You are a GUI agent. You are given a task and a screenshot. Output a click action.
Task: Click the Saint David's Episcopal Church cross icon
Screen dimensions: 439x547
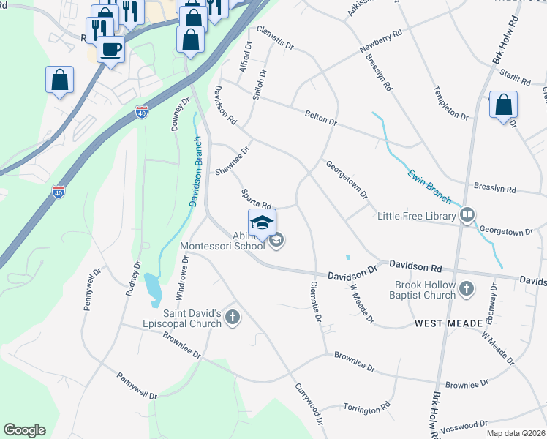pos(233,317)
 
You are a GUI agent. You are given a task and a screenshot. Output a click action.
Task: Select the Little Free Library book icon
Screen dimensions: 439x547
pos(467,215)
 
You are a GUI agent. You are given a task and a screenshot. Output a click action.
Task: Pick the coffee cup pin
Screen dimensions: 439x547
pos(110,50)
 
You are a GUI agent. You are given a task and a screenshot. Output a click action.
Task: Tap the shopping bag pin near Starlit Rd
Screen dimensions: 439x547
pos(503,105)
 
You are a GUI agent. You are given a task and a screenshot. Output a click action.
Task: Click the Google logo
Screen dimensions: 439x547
pos(24,430)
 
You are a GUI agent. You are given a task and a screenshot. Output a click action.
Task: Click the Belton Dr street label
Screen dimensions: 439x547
pos(320,117)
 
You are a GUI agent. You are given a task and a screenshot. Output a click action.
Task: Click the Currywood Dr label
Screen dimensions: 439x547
pos(308,404)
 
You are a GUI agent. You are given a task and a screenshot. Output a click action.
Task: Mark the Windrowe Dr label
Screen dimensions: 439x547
pos(182,277)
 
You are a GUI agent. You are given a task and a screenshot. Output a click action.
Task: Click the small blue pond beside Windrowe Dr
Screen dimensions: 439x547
pos(152,288)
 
